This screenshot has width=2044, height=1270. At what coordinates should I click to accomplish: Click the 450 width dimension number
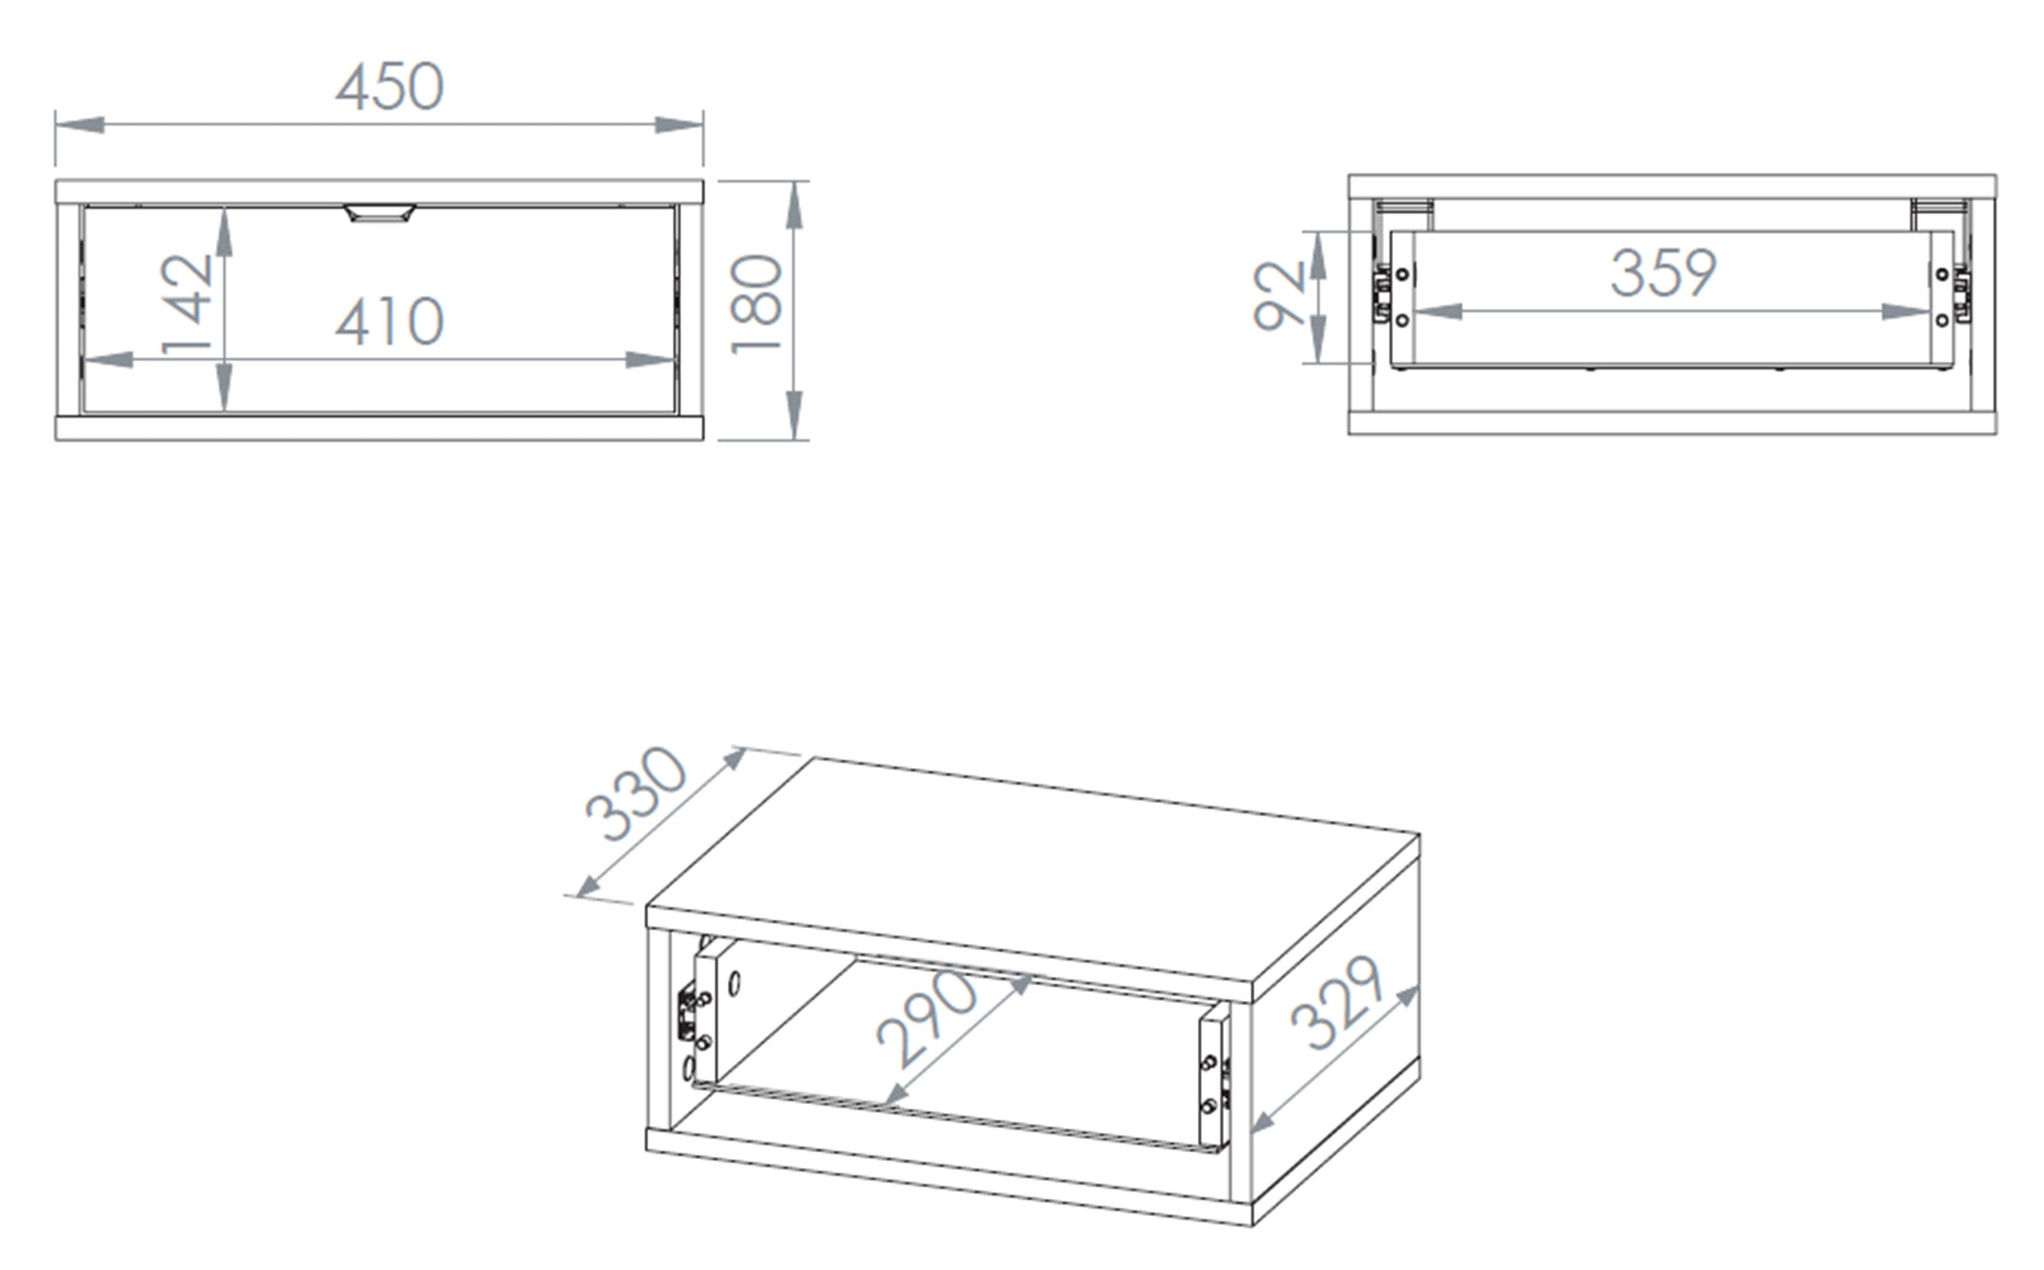click(390, 87)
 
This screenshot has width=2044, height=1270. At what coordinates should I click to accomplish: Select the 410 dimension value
click(390, 321)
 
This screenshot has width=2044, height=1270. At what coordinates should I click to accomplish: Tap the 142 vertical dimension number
click(186, 304)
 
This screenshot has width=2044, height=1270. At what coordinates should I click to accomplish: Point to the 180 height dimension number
click(756, 304)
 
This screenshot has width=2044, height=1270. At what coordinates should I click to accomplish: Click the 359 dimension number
click(1664, 273)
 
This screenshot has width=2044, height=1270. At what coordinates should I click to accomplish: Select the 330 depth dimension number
click(636, 794)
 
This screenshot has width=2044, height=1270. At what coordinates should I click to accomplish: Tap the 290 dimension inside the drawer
click(927, 1019)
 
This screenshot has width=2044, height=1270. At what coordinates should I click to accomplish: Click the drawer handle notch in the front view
click(379, 213)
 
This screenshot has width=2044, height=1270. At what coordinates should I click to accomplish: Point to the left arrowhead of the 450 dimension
click(80, 125)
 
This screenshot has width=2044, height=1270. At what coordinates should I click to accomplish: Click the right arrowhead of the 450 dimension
click(679, 125)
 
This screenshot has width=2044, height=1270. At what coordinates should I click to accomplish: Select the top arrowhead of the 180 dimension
click(795, 205)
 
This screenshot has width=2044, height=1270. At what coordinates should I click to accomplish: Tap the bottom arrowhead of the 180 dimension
click(795, 415)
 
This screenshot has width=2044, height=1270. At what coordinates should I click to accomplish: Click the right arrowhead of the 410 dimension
click(651, 360)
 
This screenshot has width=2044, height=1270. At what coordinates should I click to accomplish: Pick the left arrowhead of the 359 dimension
click(1437, 312)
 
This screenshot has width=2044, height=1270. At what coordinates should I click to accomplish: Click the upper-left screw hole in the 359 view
click(1401, 275)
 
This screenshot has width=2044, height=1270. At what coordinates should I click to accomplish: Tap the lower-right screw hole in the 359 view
click(1942, 320)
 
